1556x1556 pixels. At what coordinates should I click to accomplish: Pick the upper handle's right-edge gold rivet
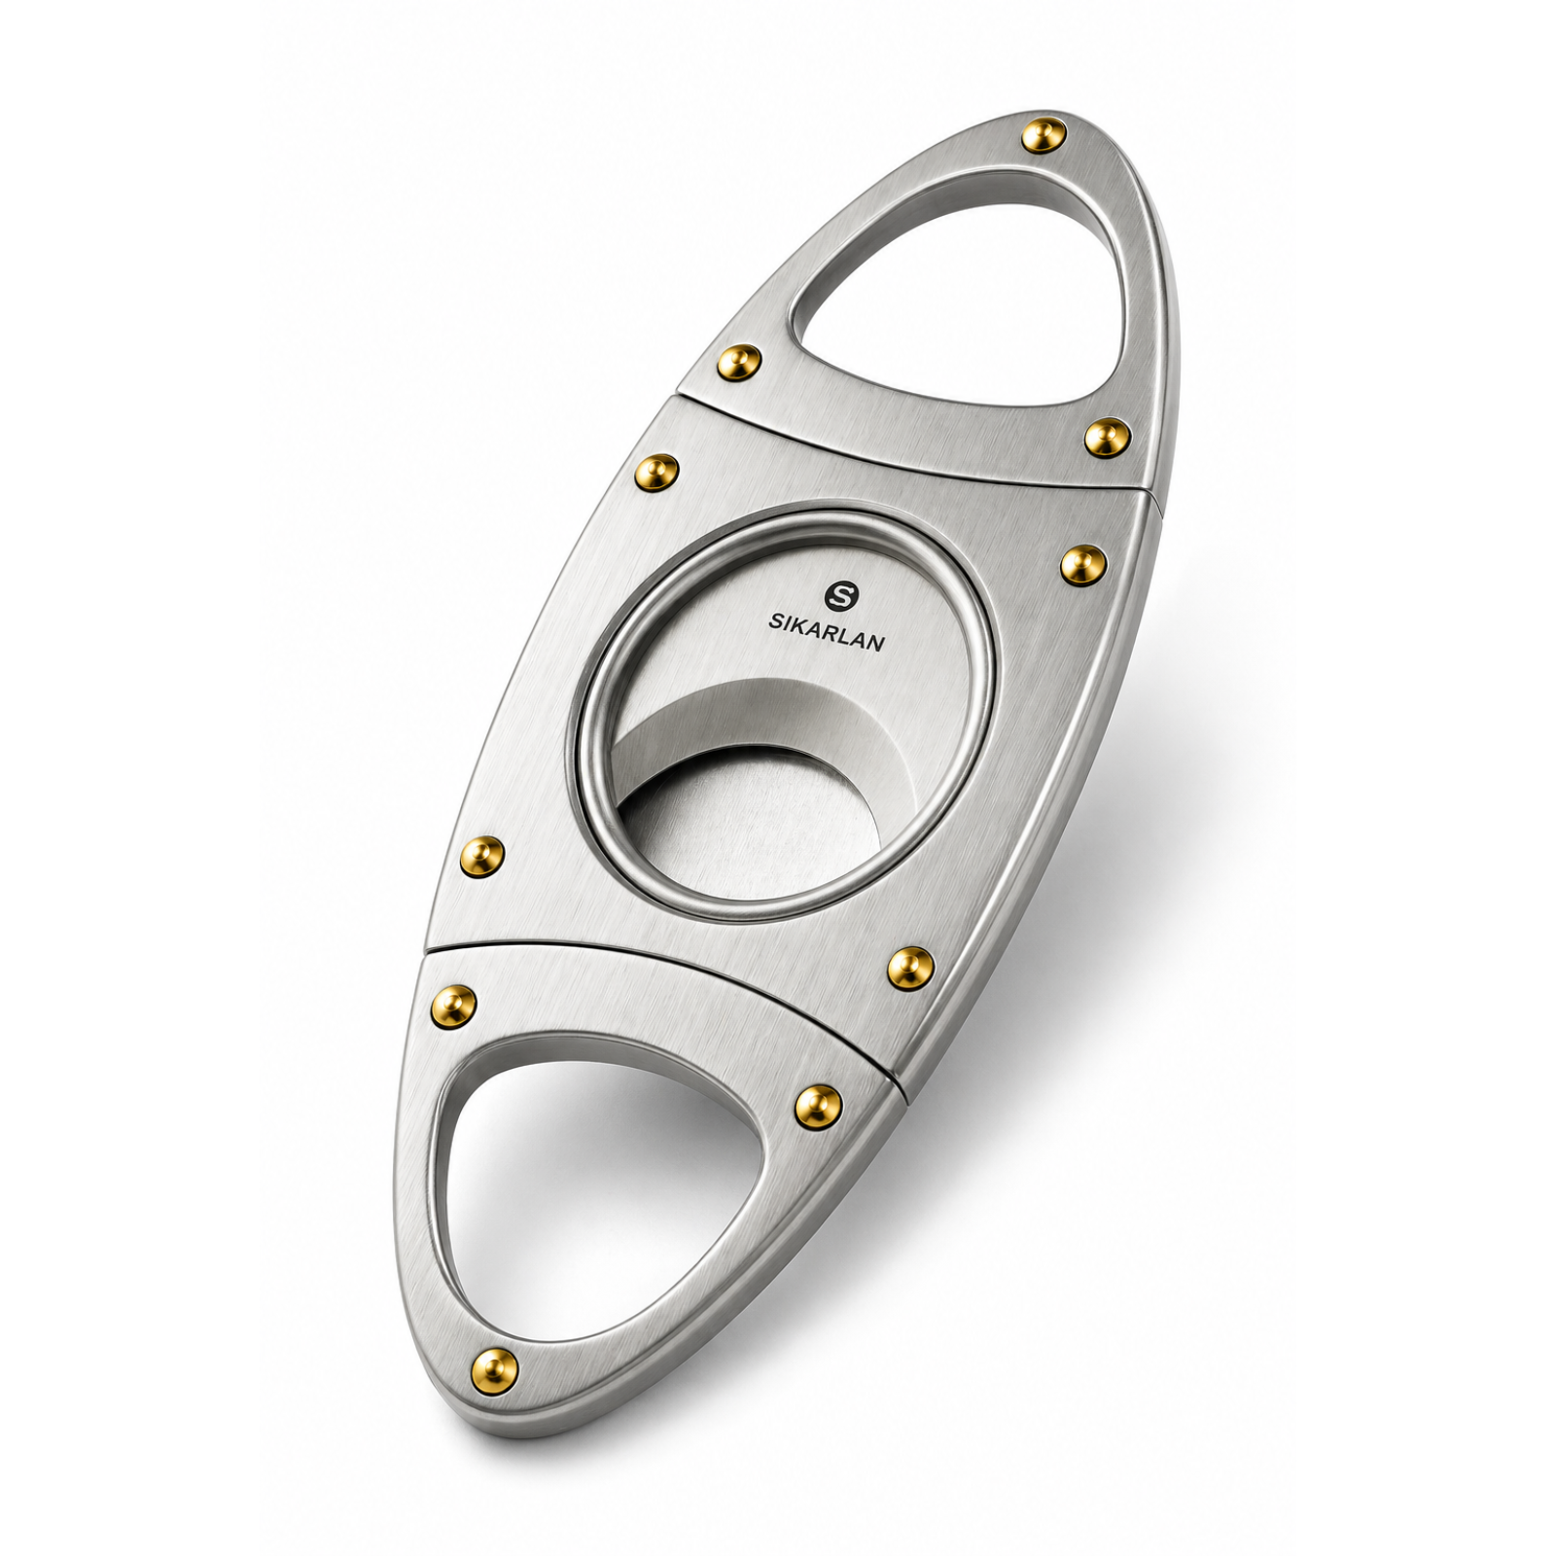tap(1107, 439)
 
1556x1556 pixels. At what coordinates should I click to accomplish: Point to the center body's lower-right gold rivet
tap(911, 967)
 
